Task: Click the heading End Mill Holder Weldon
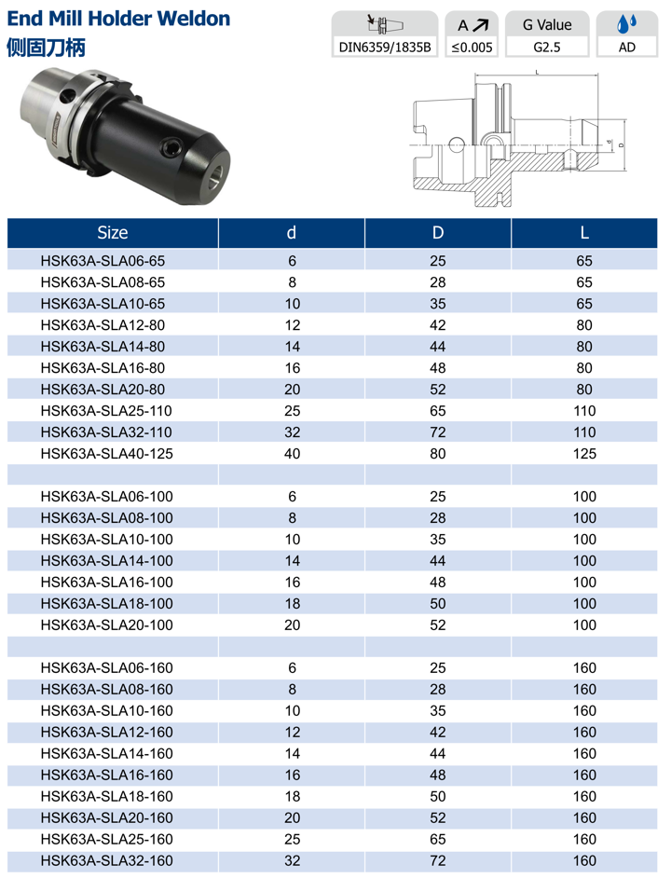(118, 18)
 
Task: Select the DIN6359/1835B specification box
(385, 47)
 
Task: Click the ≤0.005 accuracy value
(472, 47)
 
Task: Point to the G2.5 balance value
(547, 47)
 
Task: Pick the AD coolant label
(627, 47)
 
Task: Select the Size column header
(112, 232)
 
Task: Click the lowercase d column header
(292, 232)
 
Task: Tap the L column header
(584, 232)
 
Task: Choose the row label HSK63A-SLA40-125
(107, 454)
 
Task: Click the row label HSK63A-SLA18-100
(107, 604)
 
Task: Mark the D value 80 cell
(438, 454)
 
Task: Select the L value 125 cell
(584, 454)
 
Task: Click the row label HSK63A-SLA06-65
(103, 261)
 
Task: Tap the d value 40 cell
(292, 454)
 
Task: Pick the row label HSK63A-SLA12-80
(103, 325)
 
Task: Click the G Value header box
(547, 24)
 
